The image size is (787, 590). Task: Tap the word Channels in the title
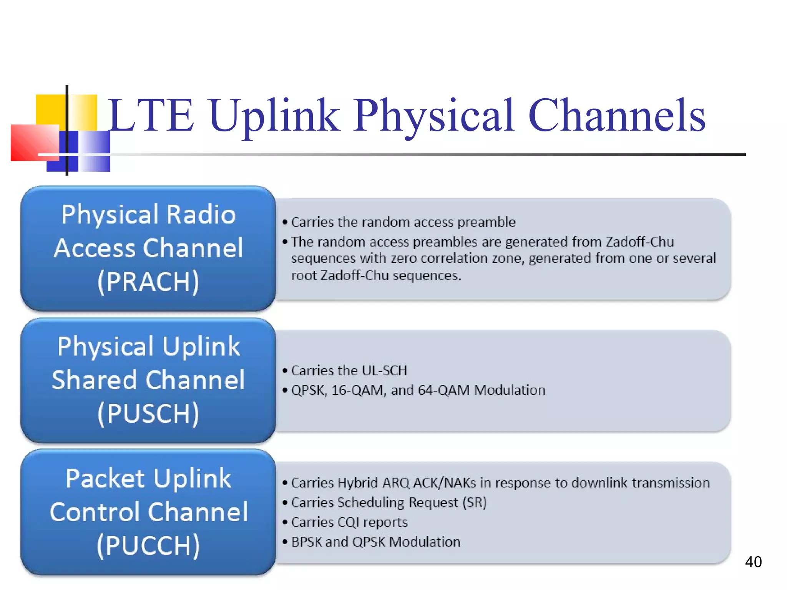[x=617, y=116]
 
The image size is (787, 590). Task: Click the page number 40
[x=753, y=562]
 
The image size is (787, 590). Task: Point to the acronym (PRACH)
[x=148, y=282]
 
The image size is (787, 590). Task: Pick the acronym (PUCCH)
[x=148, y=546]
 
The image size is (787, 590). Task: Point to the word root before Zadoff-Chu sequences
[x=304, y=276]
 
